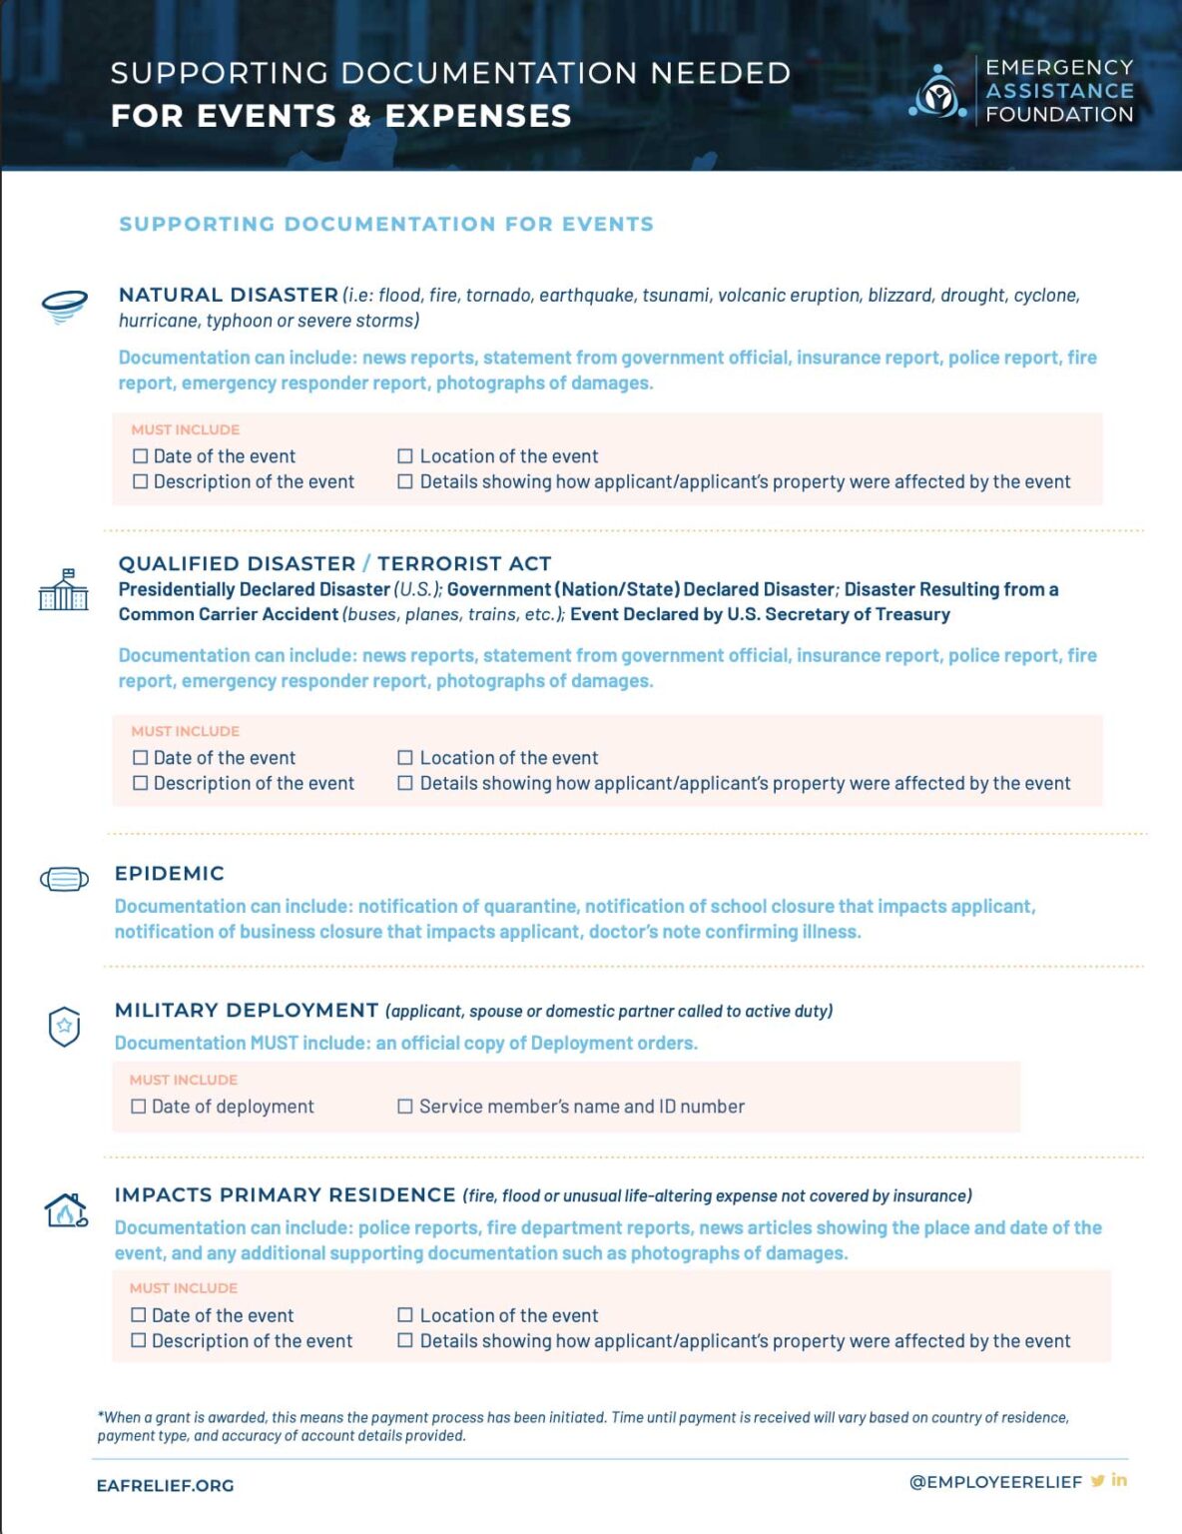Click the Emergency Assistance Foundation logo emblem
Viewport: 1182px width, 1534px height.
937,93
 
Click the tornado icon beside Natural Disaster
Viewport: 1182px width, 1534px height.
65,306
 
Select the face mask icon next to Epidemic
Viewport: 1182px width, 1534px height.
64,879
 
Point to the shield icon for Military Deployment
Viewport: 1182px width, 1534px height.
65,1027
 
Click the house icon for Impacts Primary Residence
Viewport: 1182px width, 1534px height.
66,1210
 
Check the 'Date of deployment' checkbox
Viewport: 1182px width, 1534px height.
139,1107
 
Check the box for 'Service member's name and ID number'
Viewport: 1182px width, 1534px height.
405,1107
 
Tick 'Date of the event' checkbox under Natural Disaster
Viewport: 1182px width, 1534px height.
141,456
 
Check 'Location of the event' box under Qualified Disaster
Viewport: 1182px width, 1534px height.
405,758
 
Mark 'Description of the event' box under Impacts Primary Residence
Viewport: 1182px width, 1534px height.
139,1340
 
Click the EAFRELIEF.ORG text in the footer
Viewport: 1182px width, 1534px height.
165,1485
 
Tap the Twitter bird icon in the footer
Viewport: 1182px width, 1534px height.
1097,1481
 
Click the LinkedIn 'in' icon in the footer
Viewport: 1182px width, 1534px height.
1119,1480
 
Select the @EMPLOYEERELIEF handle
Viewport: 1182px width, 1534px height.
995,1482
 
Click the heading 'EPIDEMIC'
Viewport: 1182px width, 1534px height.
170,874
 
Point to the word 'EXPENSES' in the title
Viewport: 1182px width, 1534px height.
478,116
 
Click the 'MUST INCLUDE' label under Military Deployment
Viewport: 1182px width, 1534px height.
184,1080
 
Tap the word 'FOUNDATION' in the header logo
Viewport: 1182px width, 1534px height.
1059,114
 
